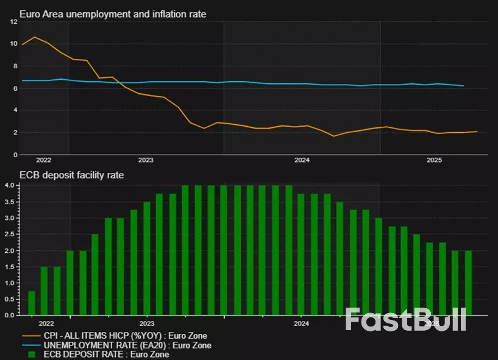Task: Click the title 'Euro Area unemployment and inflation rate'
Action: click(113, 13)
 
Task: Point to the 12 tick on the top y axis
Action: click(13, 21)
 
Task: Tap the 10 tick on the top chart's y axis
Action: click(13, 44)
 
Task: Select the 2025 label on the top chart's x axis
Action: click(433, 160)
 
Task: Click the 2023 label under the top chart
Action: click(146, 160)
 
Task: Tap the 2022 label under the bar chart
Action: click(44, 323)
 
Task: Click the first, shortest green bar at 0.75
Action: click(32, 303)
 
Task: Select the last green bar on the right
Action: click(468, 283)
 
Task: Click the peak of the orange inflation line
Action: click(34, 38)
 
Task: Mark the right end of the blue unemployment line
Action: click(464, 86)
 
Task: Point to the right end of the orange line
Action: click(477, 132)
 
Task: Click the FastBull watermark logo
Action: click(405, 319)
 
